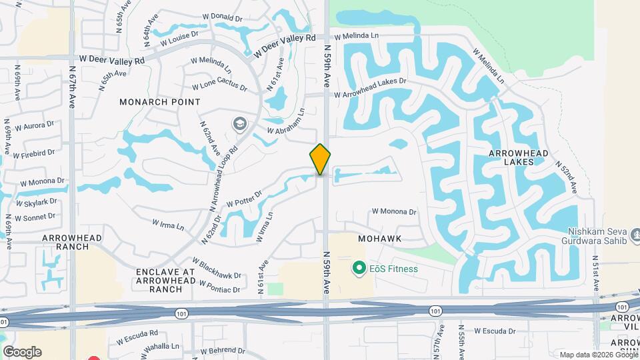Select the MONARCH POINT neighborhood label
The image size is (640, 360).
pyautogui.click(x=160, y=102)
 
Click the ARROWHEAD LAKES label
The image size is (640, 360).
pyautogui.click(x=518, y=157)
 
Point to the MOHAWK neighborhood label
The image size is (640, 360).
pyautogui.click(x=379, y=238)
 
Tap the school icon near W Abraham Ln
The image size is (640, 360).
pyautogui.click(x=239, y=123)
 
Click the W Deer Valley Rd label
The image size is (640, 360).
pyautogui.click(x=112, y=61)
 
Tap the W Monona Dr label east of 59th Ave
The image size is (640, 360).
pyautogui.click(x=394, y=211)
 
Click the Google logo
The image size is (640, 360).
pyautogui.click(x=22, y=351)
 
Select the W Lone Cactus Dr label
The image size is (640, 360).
pyautogui.click(x=219, y=87)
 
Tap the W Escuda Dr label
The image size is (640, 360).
pyautogui.click(x=495, y=331)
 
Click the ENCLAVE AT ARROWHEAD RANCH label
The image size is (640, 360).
pyautogui.click(x=165, y=280)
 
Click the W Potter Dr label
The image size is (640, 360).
pyautogui.click(x=244, y=199)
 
